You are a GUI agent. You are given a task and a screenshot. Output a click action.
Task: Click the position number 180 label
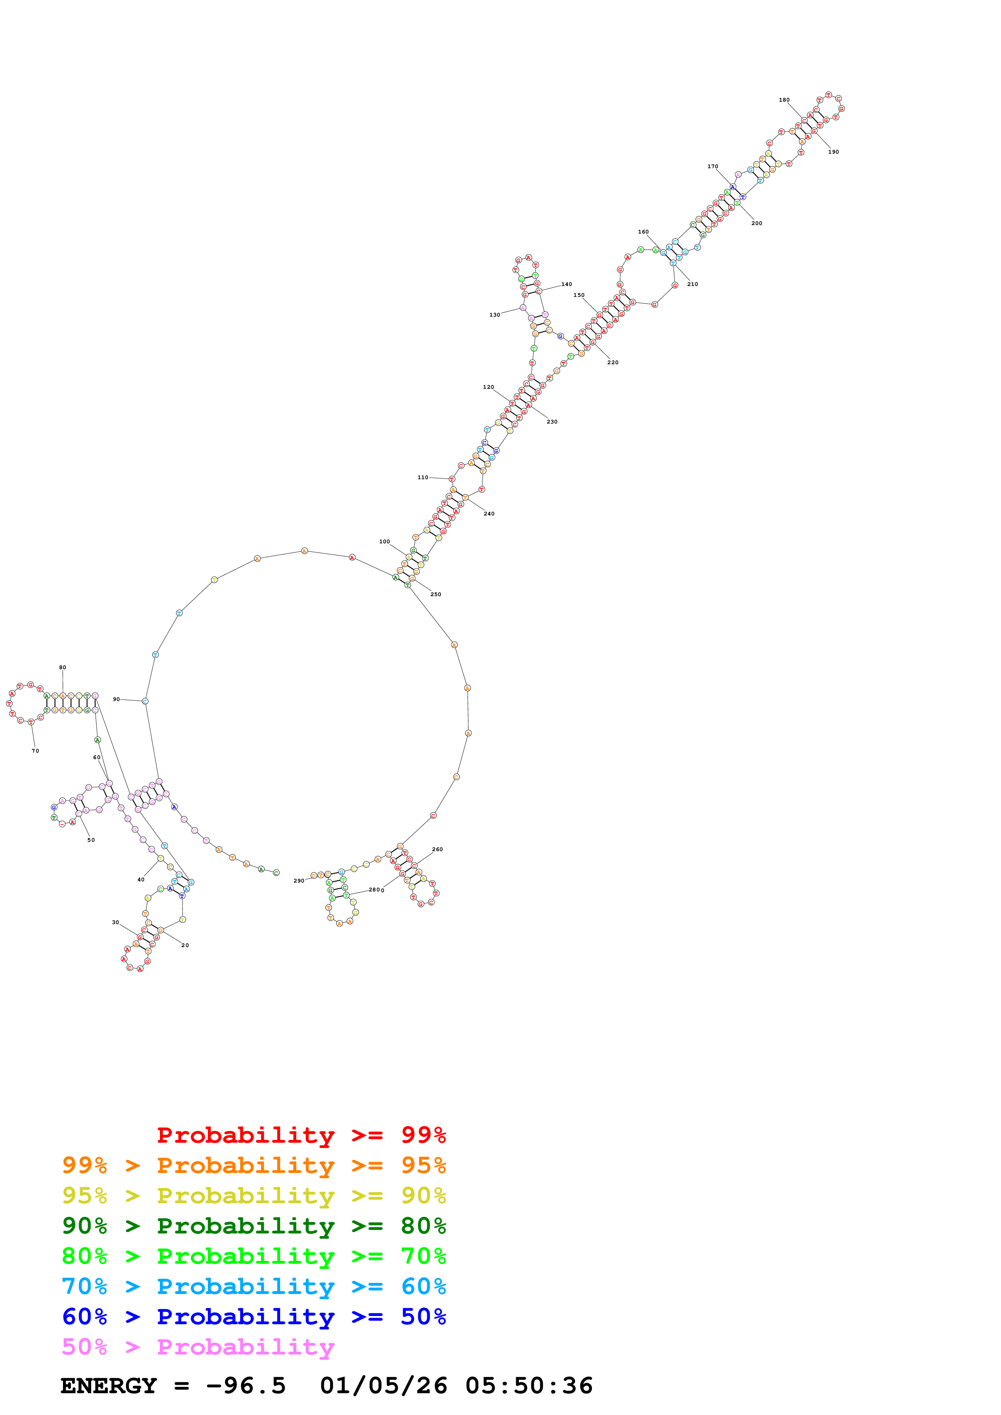(784, 100)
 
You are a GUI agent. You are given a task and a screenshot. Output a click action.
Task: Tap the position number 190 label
(833, 152)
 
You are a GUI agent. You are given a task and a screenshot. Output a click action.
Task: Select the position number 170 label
(712, 167)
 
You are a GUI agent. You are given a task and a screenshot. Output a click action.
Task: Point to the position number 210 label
(693, 284)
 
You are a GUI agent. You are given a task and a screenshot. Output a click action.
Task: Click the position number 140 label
(566, 284)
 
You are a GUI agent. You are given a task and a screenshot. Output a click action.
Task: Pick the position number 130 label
(495, 315)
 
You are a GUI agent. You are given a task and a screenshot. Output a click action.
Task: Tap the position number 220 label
(613, 362)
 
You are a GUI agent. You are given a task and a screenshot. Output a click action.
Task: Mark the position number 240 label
(489, 513)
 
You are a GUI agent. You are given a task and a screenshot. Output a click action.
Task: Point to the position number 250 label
(435, 594)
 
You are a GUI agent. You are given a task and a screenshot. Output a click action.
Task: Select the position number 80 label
(62, 668)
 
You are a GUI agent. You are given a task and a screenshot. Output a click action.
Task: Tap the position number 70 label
(35, 751)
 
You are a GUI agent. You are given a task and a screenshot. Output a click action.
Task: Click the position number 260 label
(437, 849)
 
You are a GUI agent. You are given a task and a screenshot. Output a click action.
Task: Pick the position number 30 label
(115, 922)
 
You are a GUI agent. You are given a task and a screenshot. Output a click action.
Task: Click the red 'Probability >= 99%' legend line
(301, 1135)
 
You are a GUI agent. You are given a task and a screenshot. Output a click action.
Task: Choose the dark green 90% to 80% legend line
(254, 1226)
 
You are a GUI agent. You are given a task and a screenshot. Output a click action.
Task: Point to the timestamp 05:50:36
(529, 1386)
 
